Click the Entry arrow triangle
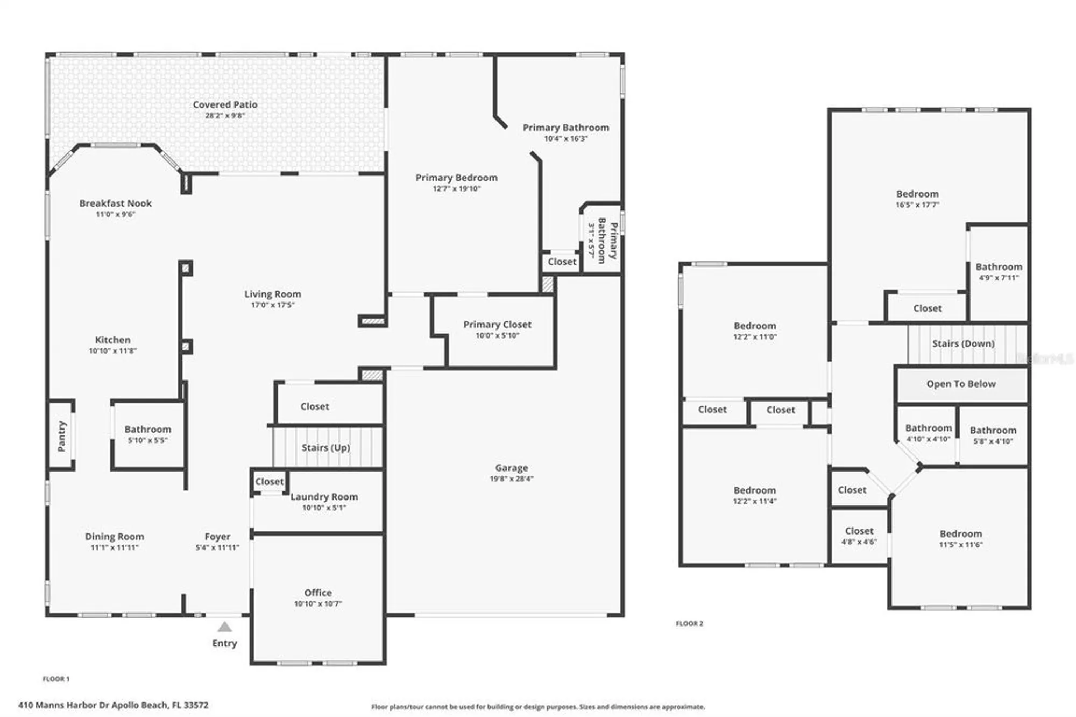[225, 627]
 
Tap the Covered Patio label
[225, 104]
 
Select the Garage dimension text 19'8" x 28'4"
[511, 479]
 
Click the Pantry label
[61, 436]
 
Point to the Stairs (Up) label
[325, 448]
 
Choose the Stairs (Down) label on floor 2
[963, 343]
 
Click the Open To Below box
[961, 384]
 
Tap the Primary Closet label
[497, 325]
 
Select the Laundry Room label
[324, 497]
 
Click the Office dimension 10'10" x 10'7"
[317, 604]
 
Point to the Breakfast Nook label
[115, 203]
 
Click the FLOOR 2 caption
[689, 623]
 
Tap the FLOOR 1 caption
[56, 679]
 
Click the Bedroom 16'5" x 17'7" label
[917, 194]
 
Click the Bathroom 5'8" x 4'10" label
[993, 431]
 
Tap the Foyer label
[217, 537]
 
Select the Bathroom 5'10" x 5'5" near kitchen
[147, 430]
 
